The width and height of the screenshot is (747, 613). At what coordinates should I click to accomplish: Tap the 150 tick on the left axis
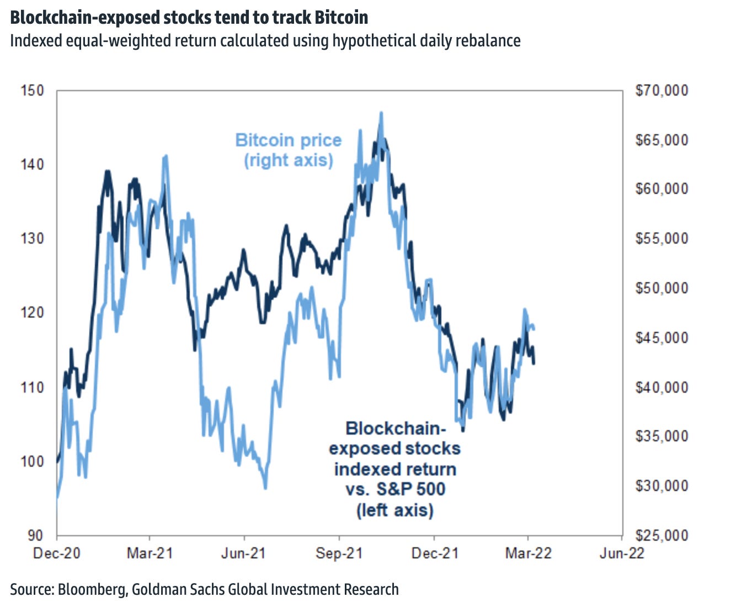32,90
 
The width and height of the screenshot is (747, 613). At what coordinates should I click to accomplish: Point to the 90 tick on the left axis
34,535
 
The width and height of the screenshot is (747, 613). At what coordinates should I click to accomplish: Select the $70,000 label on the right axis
662,90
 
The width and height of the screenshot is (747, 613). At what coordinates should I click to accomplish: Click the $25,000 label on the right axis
662,535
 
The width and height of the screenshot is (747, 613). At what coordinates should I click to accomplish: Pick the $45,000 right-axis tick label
662,337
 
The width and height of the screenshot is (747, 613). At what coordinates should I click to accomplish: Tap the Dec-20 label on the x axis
56,553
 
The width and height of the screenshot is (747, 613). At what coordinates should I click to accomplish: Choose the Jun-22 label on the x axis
622,553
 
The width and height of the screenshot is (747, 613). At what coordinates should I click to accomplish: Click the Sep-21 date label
339,553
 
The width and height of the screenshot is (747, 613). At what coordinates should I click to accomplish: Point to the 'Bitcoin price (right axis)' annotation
289,150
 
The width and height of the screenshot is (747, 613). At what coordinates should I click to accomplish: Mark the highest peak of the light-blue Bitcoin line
381,113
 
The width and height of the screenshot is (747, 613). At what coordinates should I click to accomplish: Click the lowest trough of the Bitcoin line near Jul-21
265,488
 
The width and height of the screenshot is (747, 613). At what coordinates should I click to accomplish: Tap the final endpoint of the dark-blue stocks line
533,363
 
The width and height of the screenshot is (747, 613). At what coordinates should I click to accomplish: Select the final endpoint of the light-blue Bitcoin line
534,329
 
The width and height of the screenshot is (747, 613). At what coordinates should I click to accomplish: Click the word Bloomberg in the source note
92,589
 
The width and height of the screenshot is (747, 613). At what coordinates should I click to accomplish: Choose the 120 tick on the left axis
32,313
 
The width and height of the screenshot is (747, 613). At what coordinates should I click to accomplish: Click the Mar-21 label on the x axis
150,553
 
